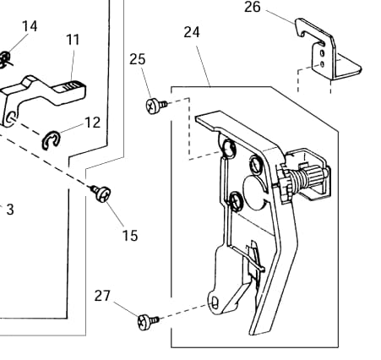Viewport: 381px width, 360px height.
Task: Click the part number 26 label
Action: point(253,7)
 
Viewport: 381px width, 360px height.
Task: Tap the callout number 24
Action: point(192,32)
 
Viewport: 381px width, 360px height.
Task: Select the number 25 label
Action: point(138,59)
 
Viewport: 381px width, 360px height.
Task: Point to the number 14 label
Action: point(30,26)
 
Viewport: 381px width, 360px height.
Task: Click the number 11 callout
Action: point(73,40)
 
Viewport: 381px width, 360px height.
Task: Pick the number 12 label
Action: point(93,123)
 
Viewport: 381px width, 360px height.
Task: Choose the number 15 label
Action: point(130,236)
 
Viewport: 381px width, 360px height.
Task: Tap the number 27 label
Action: point(102,296)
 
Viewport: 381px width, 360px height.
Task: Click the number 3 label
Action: point(10,210)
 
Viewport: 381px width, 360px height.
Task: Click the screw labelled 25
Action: point(155,106)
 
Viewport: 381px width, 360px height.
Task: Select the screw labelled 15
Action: point(101,193)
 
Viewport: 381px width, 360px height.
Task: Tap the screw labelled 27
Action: point(148,322)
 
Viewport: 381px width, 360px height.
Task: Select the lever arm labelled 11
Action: point(42,93)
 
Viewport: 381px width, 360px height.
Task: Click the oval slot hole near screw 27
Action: point(215,303)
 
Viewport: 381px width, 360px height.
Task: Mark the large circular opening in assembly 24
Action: point(254,193)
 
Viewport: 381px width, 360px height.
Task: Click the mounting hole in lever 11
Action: point(11,117)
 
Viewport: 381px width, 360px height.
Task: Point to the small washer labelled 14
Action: point(4,60)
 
